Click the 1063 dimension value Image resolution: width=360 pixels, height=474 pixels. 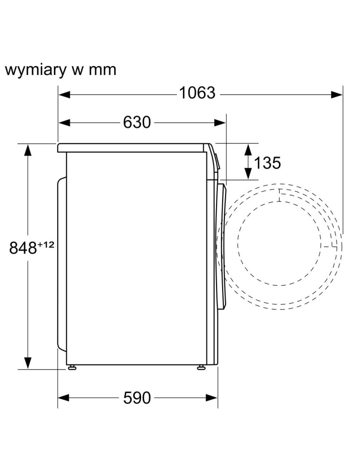click(x=197, y=92)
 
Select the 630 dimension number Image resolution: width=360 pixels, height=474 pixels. click(x=137, y=122)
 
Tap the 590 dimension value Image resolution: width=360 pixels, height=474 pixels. click(x=137, y=398)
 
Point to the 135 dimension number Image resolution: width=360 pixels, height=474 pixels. click(x=268, y=163)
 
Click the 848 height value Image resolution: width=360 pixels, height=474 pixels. click(x=23, y=248)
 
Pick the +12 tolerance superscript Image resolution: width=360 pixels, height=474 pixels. click(x=45, y=245)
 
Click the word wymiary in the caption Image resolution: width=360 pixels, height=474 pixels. click(x=36, y=70)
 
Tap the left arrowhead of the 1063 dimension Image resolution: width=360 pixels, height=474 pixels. click(x=64, y=95)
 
